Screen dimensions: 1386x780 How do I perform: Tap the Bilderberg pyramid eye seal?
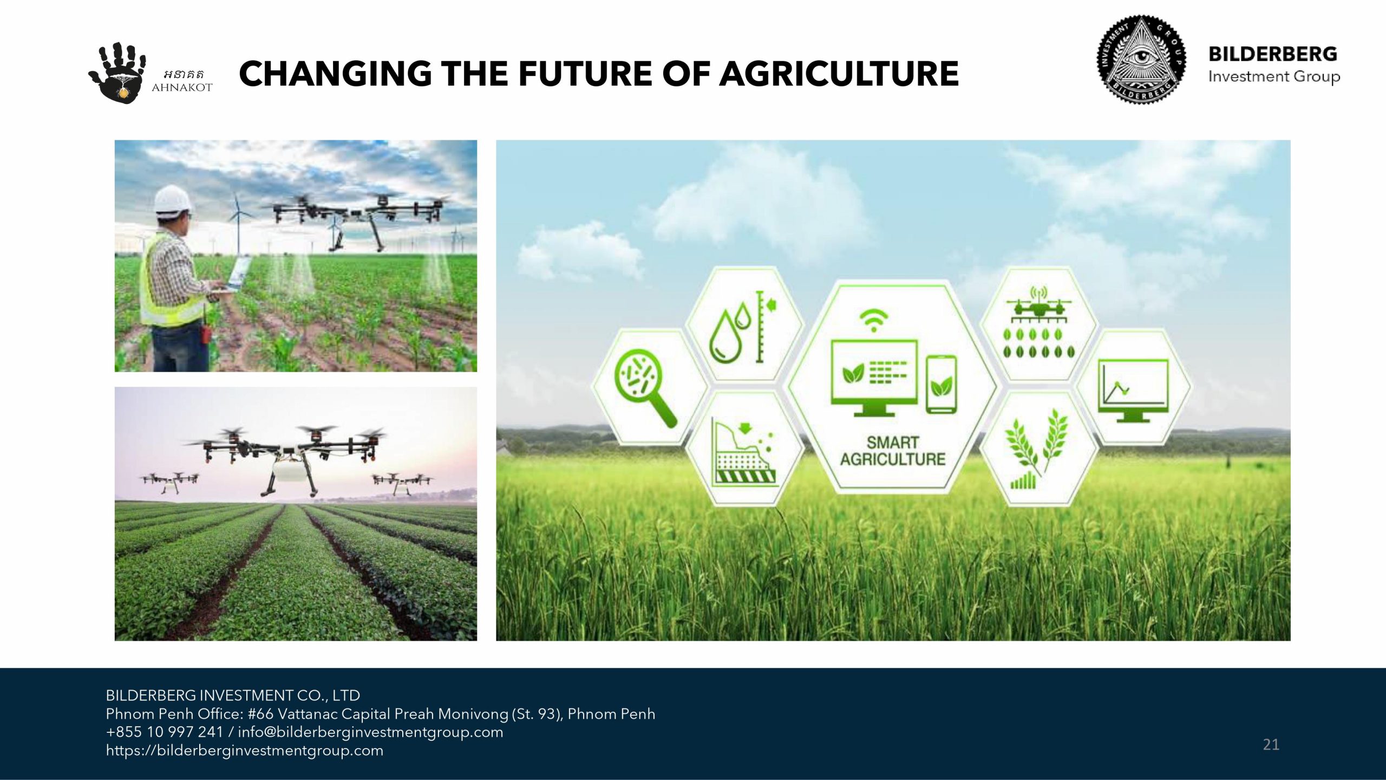click(x=1141, y=60)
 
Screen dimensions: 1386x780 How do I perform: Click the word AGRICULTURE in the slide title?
click(x=839, y=74)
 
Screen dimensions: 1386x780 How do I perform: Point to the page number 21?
click(x=1271, y=745)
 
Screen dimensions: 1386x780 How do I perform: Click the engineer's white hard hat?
click(x=173, y=199)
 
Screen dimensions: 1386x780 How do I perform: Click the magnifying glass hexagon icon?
click(x=644, y=387)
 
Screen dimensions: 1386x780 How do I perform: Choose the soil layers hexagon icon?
click(x=745, y=452)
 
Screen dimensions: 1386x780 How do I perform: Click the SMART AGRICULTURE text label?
click(x=892, y=451)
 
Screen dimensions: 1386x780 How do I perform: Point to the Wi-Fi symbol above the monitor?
click(x=873, y=320)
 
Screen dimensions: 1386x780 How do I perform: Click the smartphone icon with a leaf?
click(x=941, y=384)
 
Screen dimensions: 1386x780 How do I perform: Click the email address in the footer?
click(x=370, y=732)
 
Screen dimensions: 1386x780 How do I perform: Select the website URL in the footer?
click(x=245, y=751)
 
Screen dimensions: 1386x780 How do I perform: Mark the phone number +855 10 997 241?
click(x=165, y=732)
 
